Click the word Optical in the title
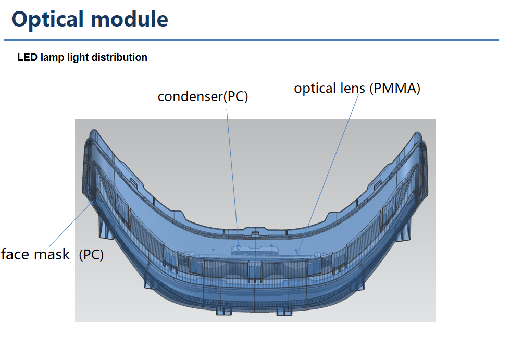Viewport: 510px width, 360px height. click(48, 19)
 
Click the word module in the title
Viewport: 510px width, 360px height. click(129, 19)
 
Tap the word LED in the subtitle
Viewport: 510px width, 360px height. click(27, 57)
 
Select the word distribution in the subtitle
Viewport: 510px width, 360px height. click(119, 57)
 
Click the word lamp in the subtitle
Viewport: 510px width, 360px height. click(53, 57)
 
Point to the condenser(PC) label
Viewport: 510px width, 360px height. click(203, 96)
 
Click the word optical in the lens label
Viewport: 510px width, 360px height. click(315, 89)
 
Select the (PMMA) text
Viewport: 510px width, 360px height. click(395, 89)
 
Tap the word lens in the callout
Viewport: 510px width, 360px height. click(353, 88)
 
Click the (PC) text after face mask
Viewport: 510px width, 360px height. click(91, 255)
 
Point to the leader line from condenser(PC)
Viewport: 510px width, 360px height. click(233, 180)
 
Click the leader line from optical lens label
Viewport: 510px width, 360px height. click(328, 175)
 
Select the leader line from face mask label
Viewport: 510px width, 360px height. click(71, 224)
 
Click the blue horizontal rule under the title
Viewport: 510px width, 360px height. click(251, 40)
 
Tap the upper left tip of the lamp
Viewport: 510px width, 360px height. click(93, 131)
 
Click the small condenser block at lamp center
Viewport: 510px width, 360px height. click(255, 250)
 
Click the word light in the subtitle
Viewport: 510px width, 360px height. click(78, 57)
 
